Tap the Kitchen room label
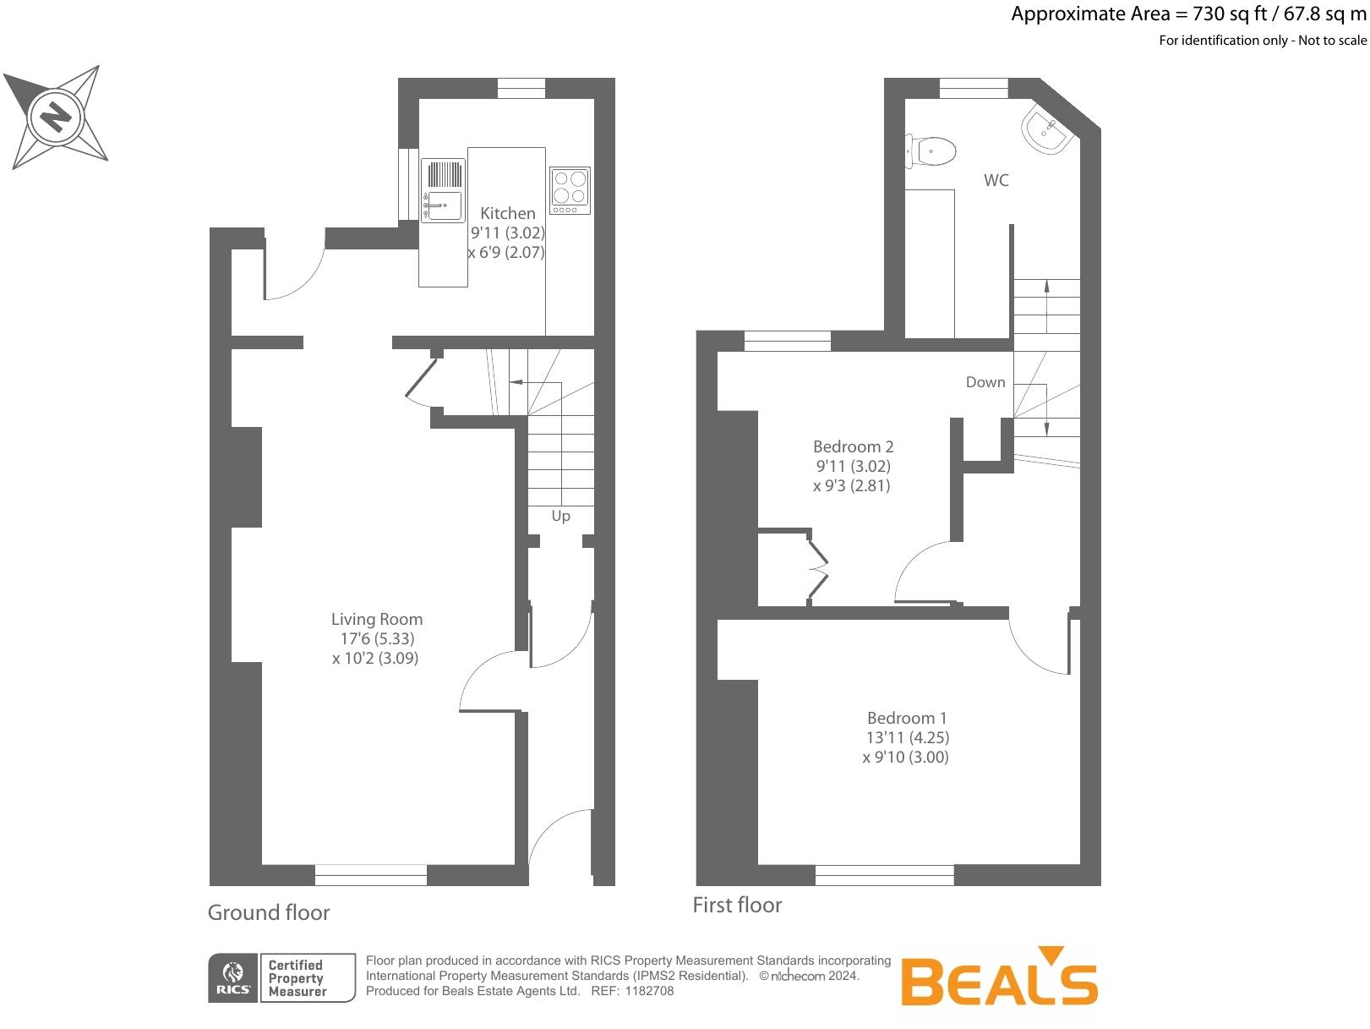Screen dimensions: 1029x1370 tap(507, 213)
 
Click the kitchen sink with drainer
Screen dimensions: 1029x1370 tap(443, 191)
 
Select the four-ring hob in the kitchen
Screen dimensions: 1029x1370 tap(569, 190)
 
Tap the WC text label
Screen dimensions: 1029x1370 tap(996, 180)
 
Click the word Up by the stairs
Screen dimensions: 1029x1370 tap(560, 516)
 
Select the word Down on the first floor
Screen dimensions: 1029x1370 tap(985, 382)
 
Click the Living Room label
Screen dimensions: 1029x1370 tap(376, 619)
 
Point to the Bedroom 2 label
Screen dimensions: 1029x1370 tap(853, 446)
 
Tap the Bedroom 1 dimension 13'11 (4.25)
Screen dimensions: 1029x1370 tap(907, 737)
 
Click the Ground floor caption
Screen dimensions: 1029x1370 tap(269, 912)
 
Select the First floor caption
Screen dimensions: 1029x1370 tap(737, 905)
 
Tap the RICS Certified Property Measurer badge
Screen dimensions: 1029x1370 tap(281, 978)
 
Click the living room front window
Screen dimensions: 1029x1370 tap(370, 875)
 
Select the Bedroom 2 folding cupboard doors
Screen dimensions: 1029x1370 tap(816, 569)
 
